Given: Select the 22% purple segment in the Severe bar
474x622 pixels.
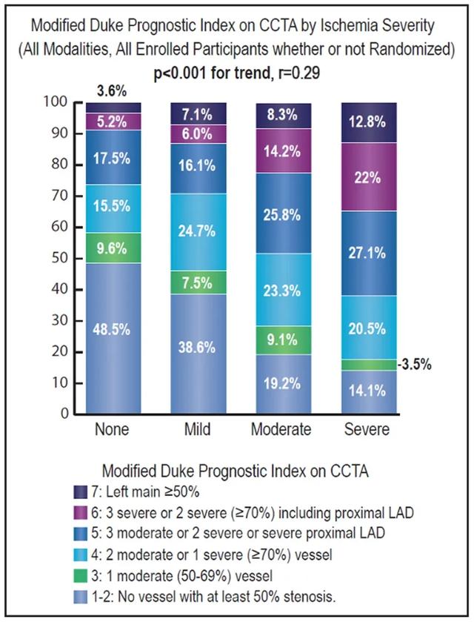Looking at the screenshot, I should pos(368,177).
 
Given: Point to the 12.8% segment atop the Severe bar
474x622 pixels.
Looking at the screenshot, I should pos(368,123).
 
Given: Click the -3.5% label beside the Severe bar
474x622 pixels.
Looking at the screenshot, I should pos(416,365).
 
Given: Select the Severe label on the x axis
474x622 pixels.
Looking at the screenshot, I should pos(368,430).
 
